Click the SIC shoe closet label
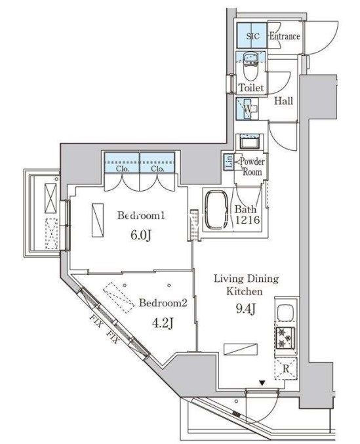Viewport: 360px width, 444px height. pos(252,36)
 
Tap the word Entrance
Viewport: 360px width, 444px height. pos(285,36)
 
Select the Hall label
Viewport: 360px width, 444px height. pos(283,101)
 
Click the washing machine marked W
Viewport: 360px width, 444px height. pos(247,109)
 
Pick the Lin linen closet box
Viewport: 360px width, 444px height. pos(229,162)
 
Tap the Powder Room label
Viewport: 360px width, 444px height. pos(252,167)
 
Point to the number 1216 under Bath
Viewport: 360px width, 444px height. pos(247,220)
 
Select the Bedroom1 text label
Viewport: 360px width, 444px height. pos(141,216)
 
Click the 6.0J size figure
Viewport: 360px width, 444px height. pos(141,235)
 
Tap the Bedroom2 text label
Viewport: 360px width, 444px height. pos(163,303)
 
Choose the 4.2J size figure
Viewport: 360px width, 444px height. pos(163,323)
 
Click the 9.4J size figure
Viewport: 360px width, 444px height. pos(246,309)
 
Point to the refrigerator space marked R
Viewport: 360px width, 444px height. pos(286,369)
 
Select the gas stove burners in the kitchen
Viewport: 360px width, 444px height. pos(285,338)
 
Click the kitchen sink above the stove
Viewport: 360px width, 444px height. pos(285,312)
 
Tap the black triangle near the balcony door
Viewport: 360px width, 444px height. pos(262,384)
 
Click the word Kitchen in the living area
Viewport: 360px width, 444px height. pos(244,291)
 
